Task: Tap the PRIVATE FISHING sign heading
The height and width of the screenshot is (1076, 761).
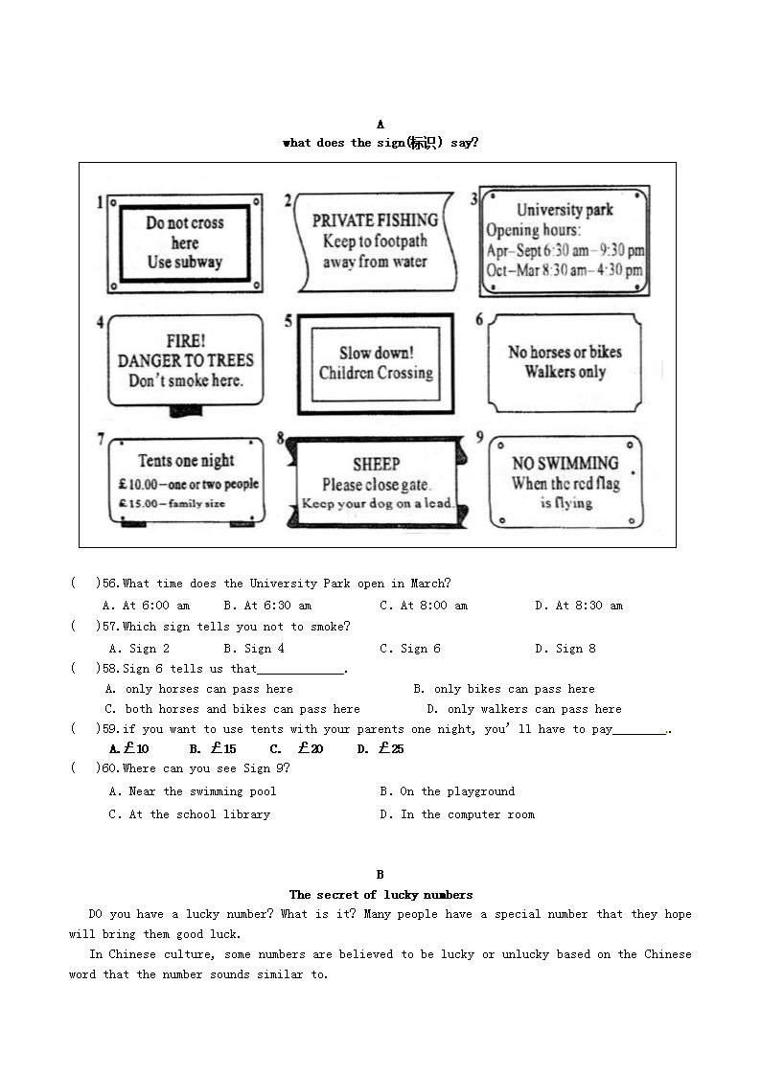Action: (x=375, y=220)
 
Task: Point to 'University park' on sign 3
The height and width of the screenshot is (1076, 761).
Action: (x=565, y=210)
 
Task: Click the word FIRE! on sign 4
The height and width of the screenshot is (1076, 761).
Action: (x=185, y=340)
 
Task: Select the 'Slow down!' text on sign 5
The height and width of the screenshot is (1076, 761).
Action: (x=376, y=354)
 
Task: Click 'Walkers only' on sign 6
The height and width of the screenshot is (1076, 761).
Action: (x=565, y=372)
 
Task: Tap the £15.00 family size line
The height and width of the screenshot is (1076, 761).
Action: (x=172, y=503)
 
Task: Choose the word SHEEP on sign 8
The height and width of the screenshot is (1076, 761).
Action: (x=376, y=464)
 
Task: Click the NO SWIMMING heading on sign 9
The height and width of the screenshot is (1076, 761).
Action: (x=565, y=464)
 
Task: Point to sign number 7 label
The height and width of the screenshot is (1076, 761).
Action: (x=101, y=439)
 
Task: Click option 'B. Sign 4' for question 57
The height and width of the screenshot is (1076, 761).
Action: (x=253, y=649)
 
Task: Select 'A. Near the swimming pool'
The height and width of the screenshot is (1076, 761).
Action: (x=193, y=791)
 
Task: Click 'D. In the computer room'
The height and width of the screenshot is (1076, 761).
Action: (x=456, y=814)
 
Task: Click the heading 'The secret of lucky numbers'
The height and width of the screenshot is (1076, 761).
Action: (x=380, y=895)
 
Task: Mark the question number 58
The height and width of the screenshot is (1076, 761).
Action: (x=110, y=669)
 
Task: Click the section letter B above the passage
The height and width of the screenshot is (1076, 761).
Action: (x=380, y=874)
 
